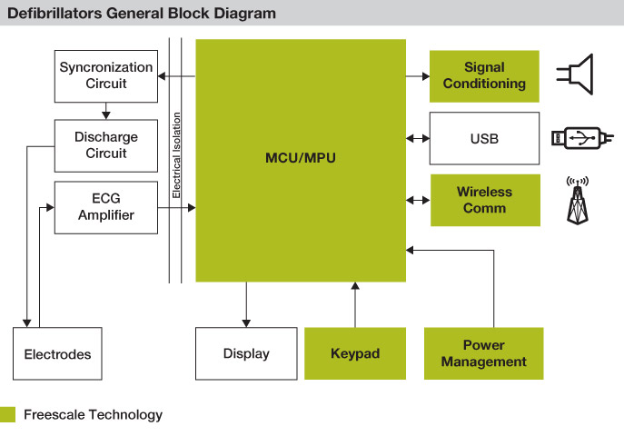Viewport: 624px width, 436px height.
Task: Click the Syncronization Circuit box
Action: [x=106, y=76]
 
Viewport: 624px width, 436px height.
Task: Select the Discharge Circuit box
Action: [x=106, y=145]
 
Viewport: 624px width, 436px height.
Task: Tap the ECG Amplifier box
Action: [x=106, y=207]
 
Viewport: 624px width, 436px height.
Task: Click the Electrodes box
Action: [x=57, y=353]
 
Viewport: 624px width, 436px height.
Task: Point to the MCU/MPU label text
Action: [x=301, y=158]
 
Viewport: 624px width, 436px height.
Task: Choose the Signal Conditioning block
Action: [x=484, y=76]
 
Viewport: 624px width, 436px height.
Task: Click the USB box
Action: [x=484, y=138]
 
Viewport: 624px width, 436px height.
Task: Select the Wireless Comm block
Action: [x=485, y=200]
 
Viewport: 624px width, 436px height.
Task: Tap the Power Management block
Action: [x=483, y=353]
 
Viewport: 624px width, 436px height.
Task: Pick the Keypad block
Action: [x=355, y=353]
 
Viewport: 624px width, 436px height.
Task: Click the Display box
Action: [x=246, y=353]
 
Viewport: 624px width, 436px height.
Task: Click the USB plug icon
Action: [x=582, y=138]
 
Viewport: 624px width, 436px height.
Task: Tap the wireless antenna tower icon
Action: [x=578, y=201]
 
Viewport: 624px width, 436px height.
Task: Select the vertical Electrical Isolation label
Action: [x=176, y=155]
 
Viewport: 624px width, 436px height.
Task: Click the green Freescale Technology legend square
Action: [x=7, y=414]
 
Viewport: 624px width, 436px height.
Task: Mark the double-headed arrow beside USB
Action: [x=418, y=138]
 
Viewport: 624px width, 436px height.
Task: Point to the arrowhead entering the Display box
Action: [x=246, y=323]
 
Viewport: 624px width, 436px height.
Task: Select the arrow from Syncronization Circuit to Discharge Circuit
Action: [x=106, y=111]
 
